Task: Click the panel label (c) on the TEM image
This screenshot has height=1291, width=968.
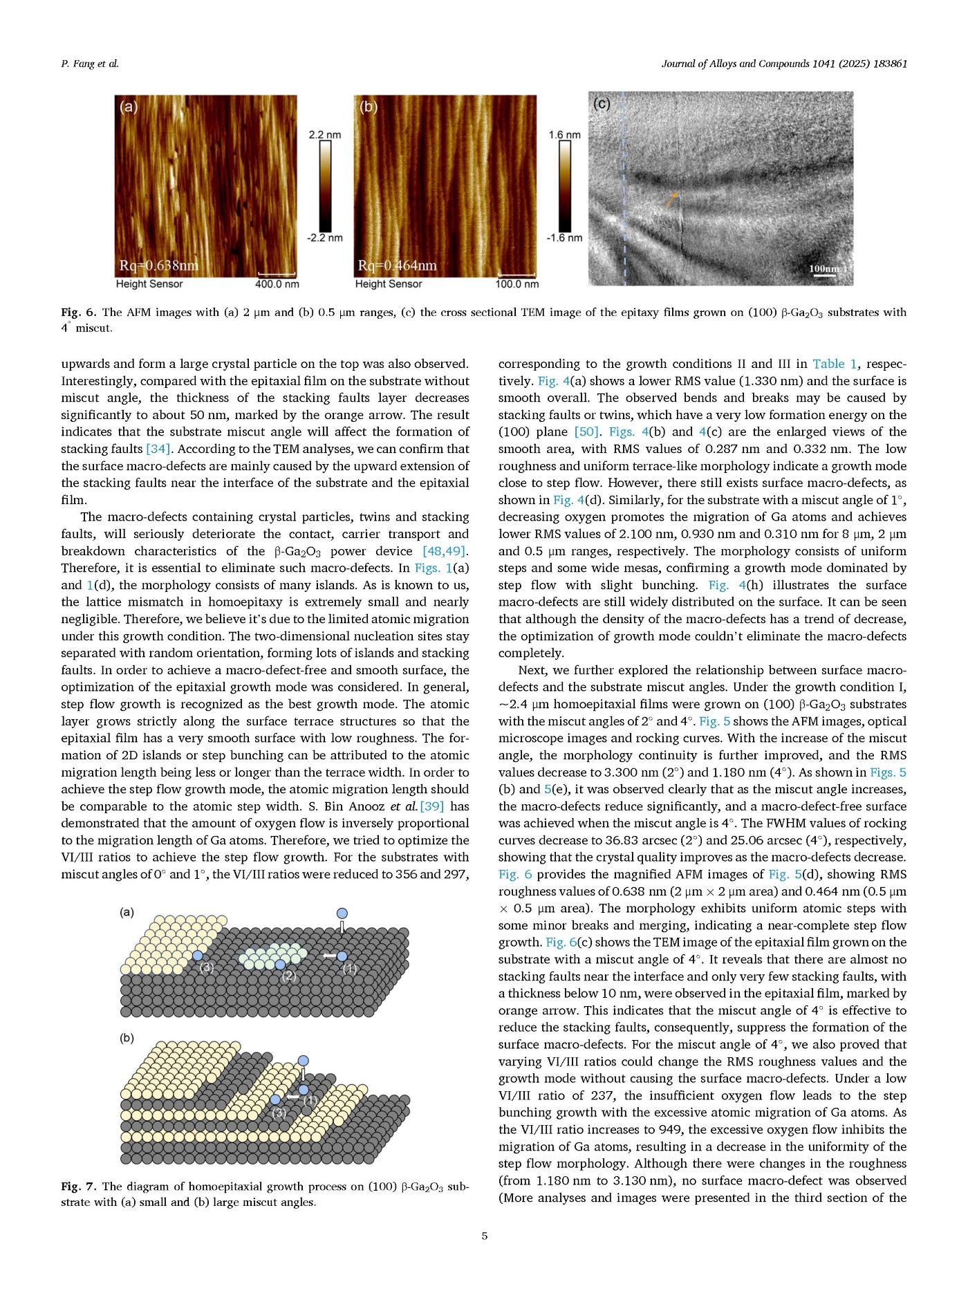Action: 602,104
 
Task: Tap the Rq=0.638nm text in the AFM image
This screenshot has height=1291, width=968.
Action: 158,266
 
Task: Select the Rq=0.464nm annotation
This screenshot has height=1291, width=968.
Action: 397,266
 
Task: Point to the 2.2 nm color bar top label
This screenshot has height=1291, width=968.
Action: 324,135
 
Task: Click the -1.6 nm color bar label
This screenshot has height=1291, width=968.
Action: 564,238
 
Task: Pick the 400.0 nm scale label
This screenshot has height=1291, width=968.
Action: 277,284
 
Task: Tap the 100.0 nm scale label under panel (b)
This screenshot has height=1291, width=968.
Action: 516,284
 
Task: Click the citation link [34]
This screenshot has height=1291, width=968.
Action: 158,449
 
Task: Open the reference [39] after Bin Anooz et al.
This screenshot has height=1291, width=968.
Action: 432,806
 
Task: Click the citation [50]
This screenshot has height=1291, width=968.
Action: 586,431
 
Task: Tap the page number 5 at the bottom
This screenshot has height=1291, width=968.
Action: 484,1236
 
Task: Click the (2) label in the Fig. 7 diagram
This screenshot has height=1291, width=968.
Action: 289,976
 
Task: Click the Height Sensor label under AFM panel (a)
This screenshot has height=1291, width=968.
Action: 149,284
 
